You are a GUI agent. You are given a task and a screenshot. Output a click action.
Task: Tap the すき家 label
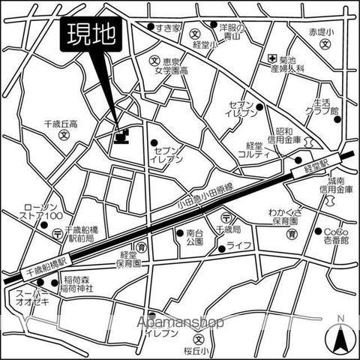coord(170,28)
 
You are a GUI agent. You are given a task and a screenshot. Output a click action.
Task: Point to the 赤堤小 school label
coord(323,34)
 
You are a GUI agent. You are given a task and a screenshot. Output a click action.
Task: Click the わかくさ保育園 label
coord(284,217)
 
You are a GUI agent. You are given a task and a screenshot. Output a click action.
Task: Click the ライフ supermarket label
coord(238,247)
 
